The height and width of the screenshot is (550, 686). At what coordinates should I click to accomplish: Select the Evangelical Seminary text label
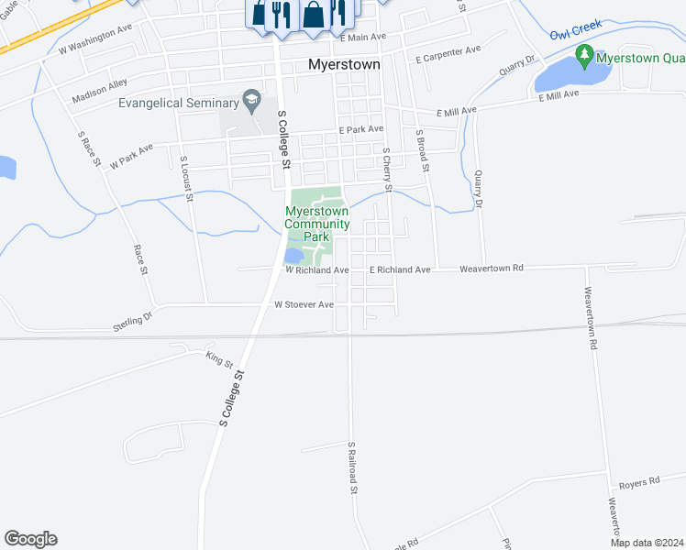point(178,103)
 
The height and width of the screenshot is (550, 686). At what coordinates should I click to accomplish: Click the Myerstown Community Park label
point(317,224)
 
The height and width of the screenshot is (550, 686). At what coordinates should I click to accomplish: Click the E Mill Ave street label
point(458,111)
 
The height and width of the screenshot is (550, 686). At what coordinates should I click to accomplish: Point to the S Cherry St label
point(387,170)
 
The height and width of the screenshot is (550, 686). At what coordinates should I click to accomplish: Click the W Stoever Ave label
point(304,304)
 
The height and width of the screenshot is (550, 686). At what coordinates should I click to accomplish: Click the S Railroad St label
point(351,467)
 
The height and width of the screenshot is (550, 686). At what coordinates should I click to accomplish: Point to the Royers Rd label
point(638,482)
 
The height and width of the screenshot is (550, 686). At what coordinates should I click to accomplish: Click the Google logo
point(30,539)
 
